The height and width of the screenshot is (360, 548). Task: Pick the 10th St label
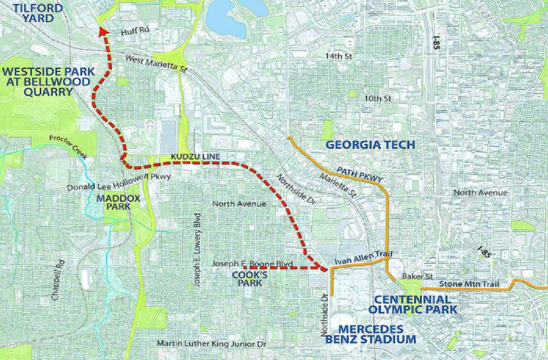(x=378, y=98)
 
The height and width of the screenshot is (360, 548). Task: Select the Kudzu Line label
(x=198, y=157)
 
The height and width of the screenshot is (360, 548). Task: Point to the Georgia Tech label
(x=370, y=145)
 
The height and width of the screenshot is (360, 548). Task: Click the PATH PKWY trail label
(x=360, y=174)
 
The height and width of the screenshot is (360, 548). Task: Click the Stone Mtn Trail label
(x=469, y=284)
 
